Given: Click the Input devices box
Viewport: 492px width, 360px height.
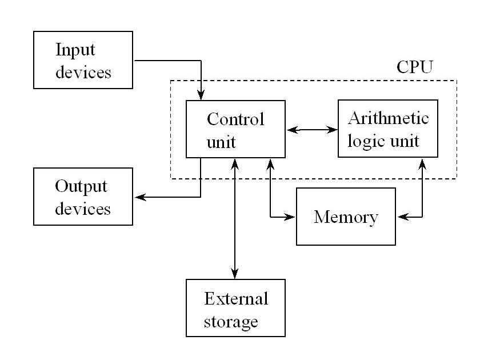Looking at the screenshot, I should [83, 60].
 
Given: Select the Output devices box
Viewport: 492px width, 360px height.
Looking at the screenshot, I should [83, 197].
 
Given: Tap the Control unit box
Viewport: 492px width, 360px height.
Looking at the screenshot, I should [235, 129].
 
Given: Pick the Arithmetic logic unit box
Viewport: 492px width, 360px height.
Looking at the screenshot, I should [387, 129].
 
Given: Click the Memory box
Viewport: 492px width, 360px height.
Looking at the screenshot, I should [346, 217].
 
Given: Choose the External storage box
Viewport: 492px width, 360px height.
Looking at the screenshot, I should [235, 307].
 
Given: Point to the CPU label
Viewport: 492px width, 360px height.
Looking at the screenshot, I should [414, 66].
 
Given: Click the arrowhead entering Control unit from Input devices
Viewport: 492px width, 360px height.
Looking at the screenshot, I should [201, 95].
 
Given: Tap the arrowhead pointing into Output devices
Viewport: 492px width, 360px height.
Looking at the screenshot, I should [139, 197].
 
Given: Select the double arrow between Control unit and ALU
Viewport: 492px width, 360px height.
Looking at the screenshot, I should [311, 130].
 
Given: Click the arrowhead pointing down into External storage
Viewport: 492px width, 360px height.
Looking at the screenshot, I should [235, 274].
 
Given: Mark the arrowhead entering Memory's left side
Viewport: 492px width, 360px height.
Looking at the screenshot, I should [291, 217].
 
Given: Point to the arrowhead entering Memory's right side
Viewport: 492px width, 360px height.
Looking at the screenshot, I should [401, 217].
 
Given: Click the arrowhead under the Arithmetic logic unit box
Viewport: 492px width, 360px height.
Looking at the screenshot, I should [422, 162].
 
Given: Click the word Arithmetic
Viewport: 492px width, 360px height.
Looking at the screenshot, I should [388, 118].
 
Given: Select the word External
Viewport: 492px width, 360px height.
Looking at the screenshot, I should [236, 298].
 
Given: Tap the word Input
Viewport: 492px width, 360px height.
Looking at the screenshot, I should [75, 50].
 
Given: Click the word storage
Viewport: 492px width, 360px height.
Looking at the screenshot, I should [230, 321].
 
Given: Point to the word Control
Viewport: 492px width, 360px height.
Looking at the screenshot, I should [235, 119].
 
